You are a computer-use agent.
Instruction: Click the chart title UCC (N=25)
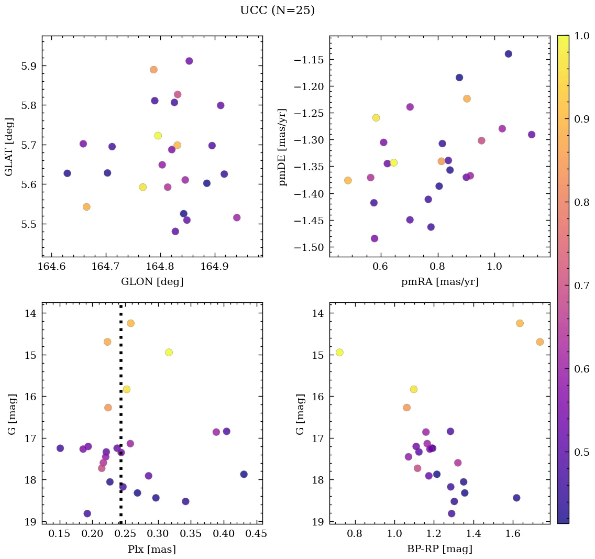[277, 10]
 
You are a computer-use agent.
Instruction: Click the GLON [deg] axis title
[152, 282]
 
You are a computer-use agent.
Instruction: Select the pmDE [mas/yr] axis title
[283, 147]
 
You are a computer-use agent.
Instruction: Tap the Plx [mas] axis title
[152, 549]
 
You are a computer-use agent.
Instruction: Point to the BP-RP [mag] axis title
[439, 549]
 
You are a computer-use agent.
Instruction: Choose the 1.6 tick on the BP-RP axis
[512, 535]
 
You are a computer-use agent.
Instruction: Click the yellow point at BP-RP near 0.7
[339, 352]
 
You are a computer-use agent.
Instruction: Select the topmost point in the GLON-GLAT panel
[189, 61]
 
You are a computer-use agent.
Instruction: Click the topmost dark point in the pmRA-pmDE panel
[508, 53]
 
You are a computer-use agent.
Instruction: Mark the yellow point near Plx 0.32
[169, 352]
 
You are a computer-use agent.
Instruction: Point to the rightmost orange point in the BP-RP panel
[540, 342]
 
